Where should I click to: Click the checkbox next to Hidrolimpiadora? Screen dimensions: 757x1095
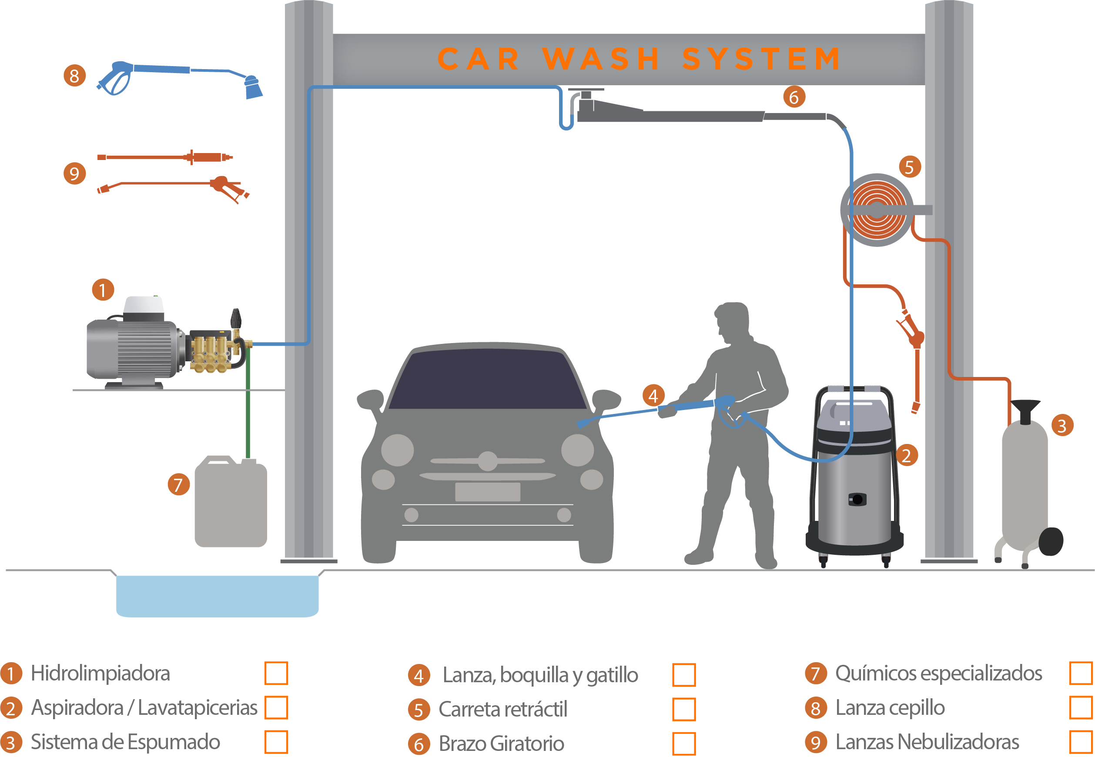276,674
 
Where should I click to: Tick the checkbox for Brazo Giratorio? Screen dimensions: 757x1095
683,743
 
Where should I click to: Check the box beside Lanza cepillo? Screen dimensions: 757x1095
1081,708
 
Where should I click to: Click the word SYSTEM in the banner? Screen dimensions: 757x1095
761,59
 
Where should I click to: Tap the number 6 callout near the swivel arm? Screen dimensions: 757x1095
794,97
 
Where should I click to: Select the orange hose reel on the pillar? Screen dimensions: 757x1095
877,210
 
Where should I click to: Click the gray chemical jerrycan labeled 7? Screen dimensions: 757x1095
231,504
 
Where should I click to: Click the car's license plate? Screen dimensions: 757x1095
487,492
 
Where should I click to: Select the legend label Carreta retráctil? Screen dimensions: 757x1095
503,709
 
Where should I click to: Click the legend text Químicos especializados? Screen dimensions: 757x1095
938,674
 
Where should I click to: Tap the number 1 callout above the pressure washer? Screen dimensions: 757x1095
103,290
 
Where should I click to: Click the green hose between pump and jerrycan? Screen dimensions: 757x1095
248,413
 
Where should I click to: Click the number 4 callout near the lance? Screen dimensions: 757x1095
653,396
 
